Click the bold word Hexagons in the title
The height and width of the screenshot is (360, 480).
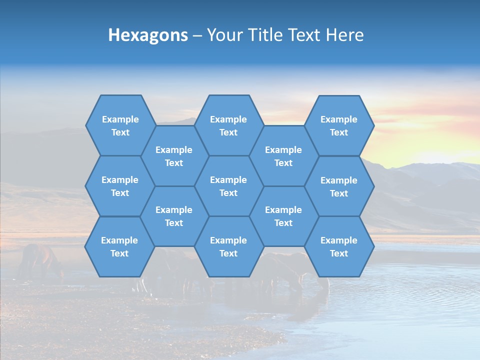coord(148,35)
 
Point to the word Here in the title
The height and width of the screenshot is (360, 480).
coord(344,35)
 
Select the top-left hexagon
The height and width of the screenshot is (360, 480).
coord(120,125)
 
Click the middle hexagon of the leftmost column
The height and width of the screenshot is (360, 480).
coord(120,186)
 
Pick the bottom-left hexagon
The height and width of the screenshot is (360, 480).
coord(119,246)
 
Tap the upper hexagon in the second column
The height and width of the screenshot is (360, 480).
coord(174,156)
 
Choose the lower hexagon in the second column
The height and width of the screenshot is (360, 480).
coord(174,216)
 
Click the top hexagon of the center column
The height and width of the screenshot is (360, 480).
coord(228,125)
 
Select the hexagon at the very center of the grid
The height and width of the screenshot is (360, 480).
coord(228,186)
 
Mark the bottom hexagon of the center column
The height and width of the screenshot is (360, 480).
coord(228,246)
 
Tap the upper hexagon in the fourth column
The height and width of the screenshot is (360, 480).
coord(283,156)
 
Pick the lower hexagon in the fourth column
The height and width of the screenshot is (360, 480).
coord(283,216)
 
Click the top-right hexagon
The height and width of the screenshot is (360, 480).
coord(339,125)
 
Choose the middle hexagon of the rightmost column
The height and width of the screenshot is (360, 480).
coord(339,186)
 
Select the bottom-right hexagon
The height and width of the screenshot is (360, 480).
coord(339,246)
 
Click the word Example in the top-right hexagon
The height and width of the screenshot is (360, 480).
coord(339,119)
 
